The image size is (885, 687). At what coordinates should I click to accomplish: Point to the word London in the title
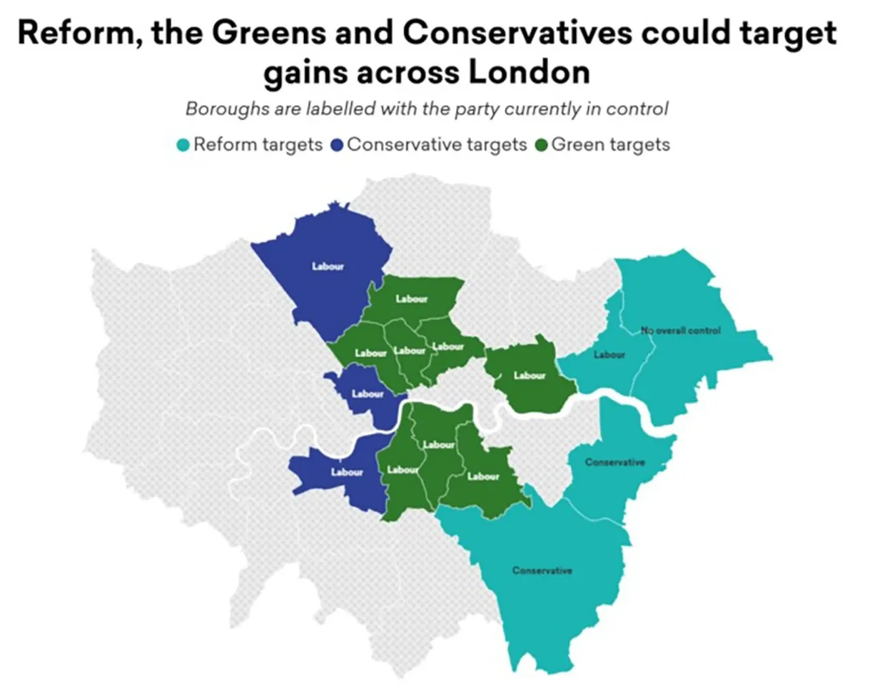pos(529,72)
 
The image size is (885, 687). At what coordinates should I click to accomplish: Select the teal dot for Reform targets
pos(183,146)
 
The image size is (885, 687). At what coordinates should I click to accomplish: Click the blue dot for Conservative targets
pos(337,146)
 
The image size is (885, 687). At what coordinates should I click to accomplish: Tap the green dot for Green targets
pos(541,146)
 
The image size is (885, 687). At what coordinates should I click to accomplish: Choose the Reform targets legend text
pos(258,145)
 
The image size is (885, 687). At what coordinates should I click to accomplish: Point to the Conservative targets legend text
pos(437,145)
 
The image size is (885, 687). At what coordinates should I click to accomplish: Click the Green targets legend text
pos(610,145)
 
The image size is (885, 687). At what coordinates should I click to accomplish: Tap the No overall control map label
pos(680,331)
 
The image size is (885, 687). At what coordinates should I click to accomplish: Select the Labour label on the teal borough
pos(609,355)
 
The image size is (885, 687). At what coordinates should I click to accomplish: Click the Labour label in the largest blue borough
pos(328,266)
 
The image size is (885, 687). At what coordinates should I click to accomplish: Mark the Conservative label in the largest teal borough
pos(542,571)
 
